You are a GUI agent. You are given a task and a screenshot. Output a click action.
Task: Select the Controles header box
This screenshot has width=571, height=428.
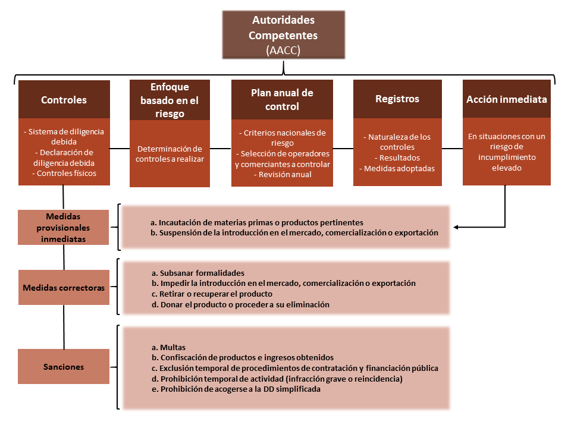click(x=64, y=100)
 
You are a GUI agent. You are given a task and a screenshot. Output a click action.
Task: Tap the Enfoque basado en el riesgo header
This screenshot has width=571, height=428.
click(x=170, y=100)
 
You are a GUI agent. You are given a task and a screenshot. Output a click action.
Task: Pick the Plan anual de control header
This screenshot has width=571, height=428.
click(x=282, y=100)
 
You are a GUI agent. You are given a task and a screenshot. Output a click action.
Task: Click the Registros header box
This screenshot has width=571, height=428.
click(x=397, y=99)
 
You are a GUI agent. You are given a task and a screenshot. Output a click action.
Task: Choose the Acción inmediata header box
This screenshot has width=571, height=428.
click(x=506, y=99)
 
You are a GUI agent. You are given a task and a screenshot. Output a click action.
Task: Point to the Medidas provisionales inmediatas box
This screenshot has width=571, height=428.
click(x=64, y=227)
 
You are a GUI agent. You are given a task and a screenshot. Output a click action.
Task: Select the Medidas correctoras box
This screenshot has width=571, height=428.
click(x=64, y=287)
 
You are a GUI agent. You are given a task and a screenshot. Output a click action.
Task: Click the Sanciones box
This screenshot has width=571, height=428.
click(x=64, y=367)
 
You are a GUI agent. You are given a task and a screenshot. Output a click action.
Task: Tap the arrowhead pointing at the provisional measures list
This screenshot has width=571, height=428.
click(x=456, y=227)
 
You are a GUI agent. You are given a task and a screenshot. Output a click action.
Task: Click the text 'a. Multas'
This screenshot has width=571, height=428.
click(x=169, y=347)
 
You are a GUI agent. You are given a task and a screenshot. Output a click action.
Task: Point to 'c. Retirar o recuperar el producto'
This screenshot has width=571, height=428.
click(x=212, y=294)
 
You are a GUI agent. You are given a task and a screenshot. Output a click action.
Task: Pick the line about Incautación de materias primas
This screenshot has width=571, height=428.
click(x=257, y=222)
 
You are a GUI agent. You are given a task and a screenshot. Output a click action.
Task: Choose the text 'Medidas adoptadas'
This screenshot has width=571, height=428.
click(x=397, y=168)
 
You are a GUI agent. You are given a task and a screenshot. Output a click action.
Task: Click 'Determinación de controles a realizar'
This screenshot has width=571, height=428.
click(x=170, y=154)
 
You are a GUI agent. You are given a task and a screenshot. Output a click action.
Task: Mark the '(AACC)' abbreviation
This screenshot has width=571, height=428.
click(x=283, y=51)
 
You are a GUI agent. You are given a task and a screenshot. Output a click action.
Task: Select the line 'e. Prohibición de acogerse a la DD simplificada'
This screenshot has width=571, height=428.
click(x=237, y=389)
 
